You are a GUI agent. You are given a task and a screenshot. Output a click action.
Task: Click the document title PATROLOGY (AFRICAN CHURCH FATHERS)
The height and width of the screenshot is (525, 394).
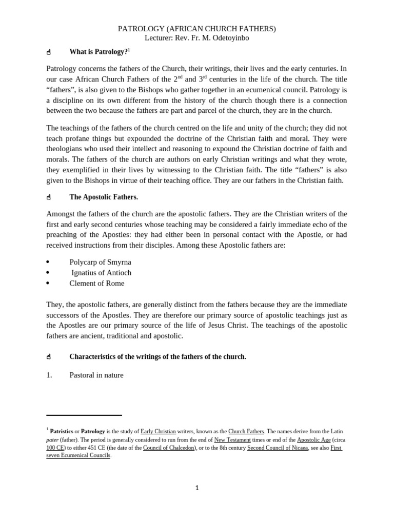click(x=197, y=29)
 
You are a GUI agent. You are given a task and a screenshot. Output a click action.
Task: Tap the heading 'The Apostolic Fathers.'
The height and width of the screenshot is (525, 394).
click(x=104, y=197)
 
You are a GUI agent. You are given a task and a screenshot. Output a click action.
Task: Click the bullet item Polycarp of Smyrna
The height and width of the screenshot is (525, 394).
click(x=100, y=262)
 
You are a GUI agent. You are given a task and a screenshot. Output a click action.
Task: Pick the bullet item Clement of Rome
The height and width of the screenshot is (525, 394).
click(x=97, y=283)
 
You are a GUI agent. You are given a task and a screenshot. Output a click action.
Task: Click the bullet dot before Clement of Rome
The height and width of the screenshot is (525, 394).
click(x=48, y=283)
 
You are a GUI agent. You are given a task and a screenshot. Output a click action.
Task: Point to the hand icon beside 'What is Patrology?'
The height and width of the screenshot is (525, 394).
click(x=49, y=52)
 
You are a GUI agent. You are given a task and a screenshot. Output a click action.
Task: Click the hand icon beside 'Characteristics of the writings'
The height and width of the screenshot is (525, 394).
click(x=49, y=357)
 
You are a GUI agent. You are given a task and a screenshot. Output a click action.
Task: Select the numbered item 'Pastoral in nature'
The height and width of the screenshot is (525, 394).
click(x=96, y=375)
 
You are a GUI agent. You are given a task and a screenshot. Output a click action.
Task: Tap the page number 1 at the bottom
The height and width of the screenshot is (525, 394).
click(x=197, y=488)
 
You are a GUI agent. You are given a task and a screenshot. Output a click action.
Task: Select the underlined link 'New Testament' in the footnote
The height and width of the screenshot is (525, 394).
click(x=232, y=440)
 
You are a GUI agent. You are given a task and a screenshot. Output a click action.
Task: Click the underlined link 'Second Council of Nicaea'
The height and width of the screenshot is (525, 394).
click(x=278, y=448)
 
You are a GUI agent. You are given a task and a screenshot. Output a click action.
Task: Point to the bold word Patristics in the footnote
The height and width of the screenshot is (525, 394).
click(x=62, y=432)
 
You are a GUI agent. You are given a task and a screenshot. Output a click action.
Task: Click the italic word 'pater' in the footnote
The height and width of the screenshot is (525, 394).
click(x=52, y=440)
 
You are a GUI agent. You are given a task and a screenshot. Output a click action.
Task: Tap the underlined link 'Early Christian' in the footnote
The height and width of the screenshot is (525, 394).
click(x=158, y=432)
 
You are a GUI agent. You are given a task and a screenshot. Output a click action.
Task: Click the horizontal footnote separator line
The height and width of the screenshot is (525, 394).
click(x=84, y=415)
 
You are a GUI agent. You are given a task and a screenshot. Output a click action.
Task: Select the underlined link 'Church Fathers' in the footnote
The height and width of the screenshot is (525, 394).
click(x=246, y=432)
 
